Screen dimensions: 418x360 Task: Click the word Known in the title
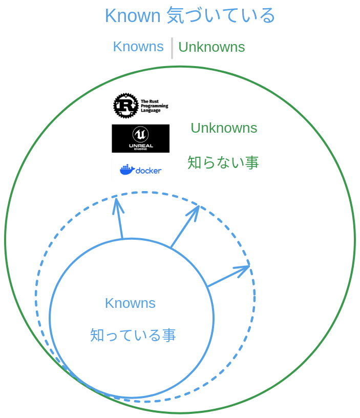tap(133, 16)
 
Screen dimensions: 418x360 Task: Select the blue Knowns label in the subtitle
tap(138, 47)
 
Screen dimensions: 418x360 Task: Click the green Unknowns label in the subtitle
tap(211, 47)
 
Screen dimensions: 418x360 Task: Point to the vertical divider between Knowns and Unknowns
tap(172, 48)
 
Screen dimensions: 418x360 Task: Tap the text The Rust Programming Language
tap(154, 106)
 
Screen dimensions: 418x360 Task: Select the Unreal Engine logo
tap(140, 138)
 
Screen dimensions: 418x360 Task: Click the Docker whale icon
tap(127, 170)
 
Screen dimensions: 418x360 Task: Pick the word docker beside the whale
tap(149, 170)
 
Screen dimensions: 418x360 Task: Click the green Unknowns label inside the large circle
tap(224, 128)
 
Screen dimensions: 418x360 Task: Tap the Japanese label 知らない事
tap(223, 163)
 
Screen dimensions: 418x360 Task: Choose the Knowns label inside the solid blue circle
tap(130, 303)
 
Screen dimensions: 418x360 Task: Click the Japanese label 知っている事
tap(133, 336)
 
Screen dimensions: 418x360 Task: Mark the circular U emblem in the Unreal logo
tap(140, 134)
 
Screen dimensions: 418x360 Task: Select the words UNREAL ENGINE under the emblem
tap(140, 147)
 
